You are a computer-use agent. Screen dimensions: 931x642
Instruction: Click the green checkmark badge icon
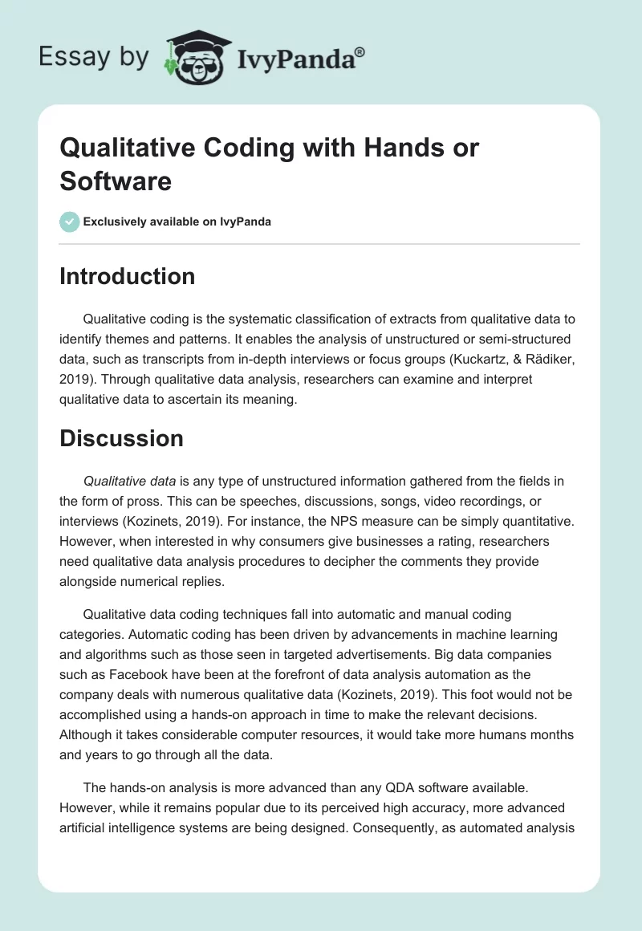70,222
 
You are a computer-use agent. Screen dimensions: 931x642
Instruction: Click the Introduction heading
128,276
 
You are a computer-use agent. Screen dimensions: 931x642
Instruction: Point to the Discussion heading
121,438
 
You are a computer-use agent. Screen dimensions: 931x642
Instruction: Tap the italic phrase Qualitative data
130,482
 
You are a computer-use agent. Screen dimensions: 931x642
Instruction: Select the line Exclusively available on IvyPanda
177,222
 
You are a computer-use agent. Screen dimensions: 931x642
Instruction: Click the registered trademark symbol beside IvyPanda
360,51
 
